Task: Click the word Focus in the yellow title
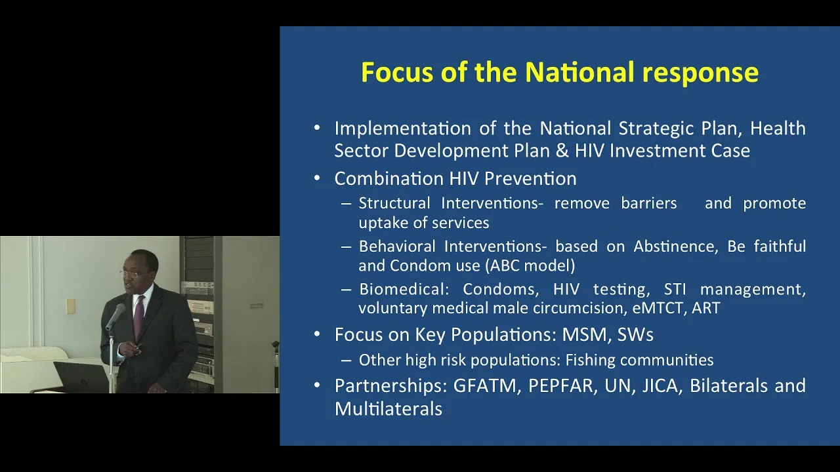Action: pos(397,71)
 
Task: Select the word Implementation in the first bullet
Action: pos(403,128)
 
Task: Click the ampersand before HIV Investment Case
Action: pos(562,151)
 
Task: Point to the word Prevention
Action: pos(530,178)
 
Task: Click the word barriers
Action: pos(649,203)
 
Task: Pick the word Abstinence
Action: pos(676,246)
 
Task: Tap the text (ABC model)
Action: pos(530,265)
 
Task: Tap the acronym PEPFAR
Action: pos(560,386)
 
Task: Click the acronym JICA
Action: pos(660,386)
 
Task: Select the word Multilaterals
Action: pos(388,408)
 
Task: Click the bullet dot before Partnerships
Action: pos(317,385)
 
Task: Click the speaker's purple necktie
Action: pos(138,317)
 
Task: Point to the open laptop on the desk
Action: pos(81,376)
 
